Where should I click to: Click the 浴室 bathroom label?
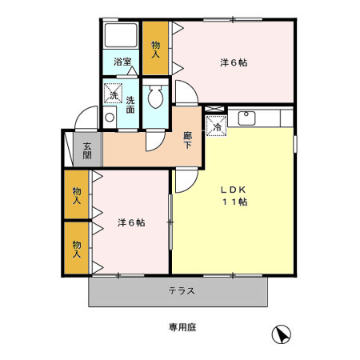tap(122, 61)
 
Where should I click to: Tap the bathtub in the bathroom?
tap(122, 37)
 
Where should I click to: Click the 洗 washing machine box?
tap(114, 94)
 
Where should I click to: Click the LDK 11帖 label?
tap(234, 196)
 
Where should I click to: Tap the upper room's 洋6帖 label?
tap(233, 62)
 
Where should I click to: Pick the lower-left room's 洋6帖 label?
tap(130, 222)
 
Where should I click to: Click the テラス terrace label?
tap(182, 290)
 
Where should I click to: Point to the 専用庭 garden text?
tap(182, 327)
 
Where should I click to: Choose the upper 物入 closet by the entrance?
tap(77, 196)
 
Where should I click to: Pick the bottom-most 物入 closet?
tap(77, 250)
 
